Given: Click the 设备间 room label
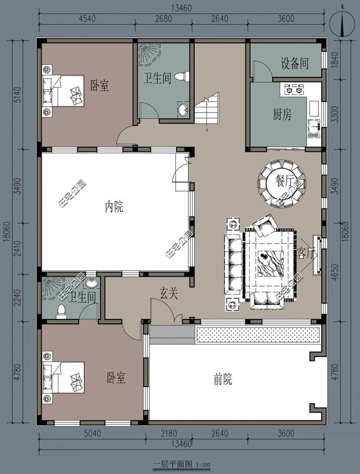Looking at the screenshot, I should pyautogui.click(x=295, y=64).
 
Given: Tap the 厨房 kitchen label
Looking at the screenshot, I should pyautogui.click(x=282, y=115).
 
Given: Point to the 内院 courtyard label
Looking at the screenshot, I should pyautogui.click(x=114, y=207).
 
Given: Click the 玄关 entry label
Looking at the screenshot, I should pyautogui.click(x=169, y=293).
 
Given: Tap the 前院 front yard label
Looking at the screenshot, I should pyautogui.click(x=223, y=380).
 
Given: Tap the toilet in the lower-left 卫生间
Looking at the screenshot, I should pyautogui.click(x=61, y=310).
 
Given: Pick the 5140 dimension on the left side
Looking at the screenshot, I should pyautogui.click(x=17, y=94).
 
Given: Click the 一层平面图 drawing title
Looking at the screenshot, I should pyautogui.click(x=173, y=464).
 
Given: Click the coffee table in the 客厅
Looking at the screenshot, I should pyautogui.click(x=270, y=262).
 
